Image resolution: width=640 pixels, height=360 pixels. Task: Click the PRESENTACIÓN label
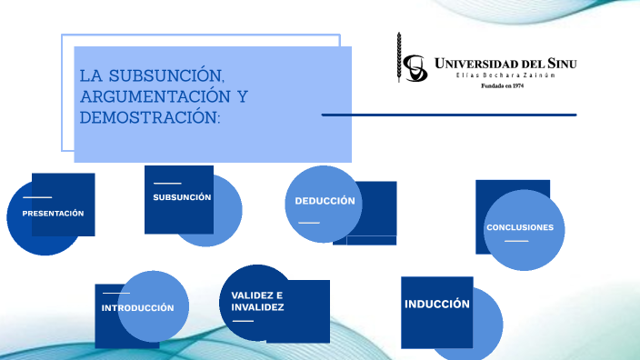pyautogui.click(x=53, y=213)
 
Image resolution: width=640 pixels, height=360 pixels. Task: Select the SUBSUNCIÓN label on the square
pyautogui.click(x=182, y=197)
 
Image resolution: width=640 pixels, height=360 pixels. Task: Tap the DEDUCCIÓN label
pyautogui.click(x=325, y=201)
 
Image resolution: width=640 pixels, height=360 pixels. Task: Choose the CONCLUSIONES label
pyautogui.click(x=519, y=227)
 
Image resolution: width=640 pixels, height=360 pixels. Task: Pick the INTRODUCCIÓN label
pyautogui.click(x=137, y=308)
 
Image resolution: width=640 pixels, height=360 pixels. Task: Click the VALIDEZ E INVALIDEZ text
pyautogui.click(x=257, y=302)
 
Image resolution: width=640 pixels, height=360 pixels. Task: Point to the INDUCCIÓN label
pyautogui.click(x=437, y=304)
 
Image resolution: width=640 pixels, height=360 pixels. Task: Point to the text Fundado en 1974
pyautogui.click(x=502, y=86)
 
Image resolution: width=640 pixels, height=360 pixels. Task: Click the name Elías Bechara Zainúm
pyautogui.click(x=504, y=75)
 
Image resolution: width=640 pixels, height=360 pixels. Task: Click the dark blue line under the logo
pyautogui.click(x=449, y=115)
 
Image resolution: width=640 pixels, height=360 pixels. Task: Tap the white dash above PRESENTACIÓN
pyautogui.click(x=37, y=197)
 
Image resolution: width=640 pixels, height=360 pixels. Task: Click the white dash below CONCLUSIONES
pyautogui.click(x=516, y=241)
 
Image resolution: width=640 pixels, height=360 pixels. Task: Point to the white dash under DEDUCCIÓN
pyautogui.click(x=309, y=222)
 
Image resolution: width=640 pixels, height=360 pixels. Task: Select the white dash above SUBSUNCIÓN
pyautogui.click(x=167, y=184)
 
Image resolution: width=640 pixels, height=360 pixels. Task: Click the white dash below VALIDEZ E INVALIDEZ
pyautogui.click(x=243, y=321)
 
